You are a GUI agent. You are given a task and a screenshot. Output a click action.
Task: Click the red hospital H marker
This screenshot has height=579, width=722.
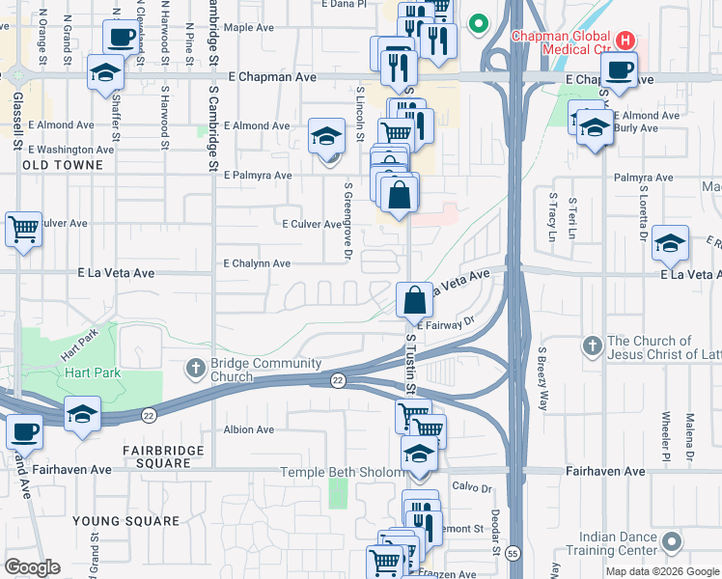click(625, 41)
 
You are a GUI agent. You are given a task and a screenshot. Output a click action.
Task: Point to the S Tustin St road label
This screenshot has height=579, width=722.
click(409, 362)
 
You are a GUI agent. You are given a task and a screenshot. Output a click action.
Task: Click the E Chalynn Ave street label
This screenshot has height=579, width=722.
click(257, 263)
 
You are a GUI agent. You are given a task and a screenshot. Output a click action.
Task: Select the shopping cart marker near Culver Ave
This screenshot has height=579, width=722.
click(23, 230)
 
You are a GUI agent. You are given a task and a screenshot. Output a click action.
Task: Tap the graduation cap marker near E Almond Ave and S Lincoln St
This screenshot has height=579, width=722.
click(327, 136)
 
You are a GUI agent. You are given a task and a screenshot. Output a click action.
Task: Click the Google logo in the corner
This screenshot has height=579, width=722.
click(32, 567)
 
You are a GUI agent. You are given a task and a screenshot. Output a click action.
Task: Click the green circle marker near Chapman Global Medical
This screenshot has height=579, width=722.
click(477, 23)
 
